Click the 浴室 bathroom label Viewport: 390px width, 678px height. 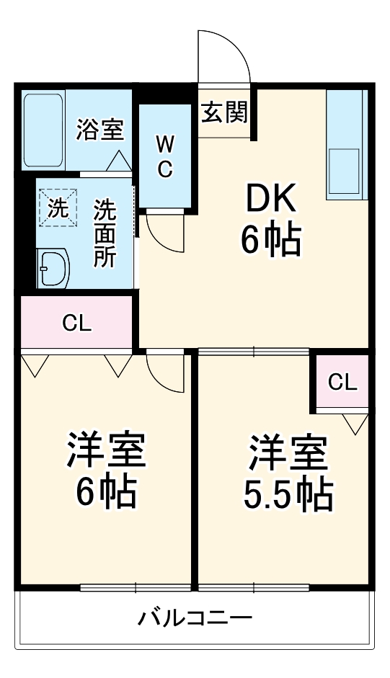[100, 129]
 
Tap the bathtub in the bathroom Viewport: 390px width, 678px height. [43, 130]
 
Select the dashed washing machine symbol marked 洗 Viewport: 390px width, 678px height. [58, 208]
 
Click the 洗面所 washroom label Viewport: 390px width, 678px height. [105, 233]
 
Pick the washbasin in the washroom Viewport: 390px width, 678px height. [53, 268]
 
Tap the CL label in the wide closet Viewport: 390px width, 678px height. [77, 323]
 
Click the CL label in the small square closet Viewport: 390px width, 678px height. [342, 382]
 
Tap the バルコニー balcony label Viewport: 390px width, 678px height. [195, 618]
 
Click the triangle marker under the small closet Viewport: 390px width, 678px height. [355, 424]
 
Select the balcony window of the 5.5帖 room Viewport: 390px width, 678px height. [254, 587]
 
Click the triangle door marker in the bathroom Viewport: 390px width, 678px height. [119, 161]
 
